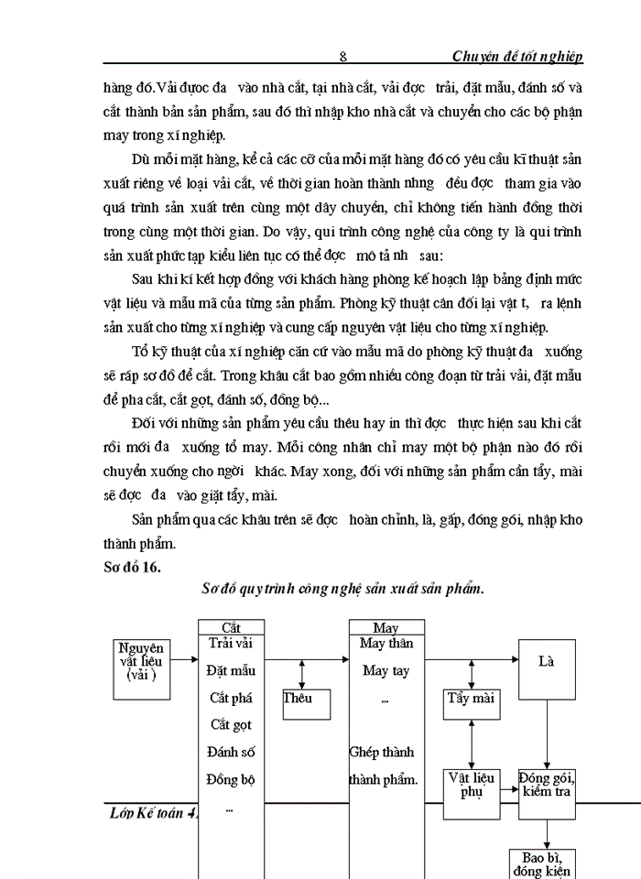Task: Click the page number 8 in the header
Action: coord(342,57)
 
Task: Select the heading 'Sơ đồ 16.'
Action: coord(134,568)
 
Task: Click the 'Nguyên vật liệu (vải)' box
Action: coord(142,662)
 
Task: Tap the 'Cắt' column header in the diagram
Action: coord(232,628)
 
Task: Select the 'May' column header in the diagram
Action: coord(386,628)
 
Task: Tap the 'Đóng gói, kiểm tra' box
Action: coord(548,784)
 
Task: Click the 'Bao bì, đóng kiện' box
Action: coord(541,863)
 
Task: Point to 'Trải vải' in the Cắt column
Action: coord(231,644)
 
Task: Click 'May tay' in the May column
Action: coord(386,671)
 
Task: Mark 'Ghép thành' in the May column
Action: coord(382,753)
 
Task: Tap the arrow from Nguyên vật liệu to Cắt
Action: coord(186,657)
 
